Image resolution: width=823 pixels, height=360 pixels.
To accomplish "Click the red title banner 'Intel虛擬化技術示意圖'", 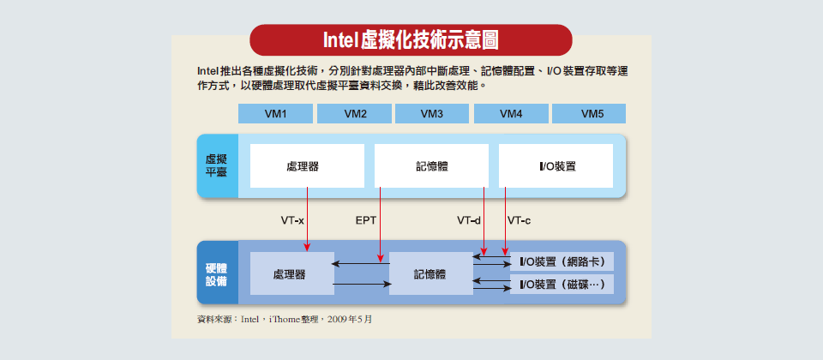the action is coord(411,40).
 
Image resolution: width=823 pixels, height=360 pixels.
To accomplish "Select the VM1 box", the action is coord(275,113).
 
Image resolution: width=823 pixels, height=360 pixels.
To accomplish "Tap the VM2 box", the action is coord(354,113).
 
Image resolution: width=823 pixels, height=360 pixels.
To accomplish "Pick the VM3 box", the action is coord(432,113).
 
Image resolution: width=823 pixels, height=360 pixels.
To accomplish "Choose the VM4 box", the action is coord(511,113).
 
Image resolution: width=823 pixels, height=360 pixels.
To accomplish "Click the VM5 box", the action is coord(589,113).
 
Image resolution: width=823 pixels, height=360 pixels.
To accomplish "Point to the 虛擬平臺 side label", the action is coord(217,165).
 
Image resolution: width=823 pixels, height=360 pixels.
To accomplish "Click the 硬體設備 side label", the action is coord(217,273).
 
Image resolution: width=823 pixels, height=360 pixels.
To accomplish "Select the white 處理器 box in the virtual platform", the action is coord(307,165).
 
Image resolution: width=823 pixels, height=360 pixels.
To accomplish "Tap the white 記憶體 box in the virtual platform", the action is coord(431,165).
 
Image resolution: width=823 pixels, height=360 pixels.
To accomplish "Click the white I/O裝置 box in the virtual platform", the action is coord(556,165).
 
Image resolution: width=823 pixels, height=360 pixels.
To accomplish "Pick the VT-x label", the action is coord(292,221).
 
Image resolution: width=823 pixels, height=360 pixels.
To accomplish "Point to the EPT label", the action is coord(366,221).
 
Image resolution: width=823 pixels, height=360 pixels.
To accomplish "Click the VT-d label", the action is coord(469,221).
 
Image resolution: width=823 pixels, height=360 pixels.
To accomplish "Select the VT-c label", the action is coord(520,221).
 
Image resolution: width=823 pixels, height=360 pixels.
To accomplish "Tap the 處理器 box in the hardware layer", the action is coord(291,273).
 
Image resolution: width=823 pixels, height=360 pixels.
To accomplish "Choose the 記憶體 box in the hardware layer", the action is coord(431,273).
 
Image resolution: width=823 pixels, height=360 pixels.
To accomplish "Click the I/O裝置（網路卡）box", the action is coord(562,261).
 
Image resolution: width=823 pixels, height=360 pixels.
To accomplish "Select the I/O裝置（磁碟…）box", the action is coord(562,285).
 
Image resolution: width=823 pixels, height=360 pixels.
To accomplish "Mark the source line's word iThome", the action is coord(285,319).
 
